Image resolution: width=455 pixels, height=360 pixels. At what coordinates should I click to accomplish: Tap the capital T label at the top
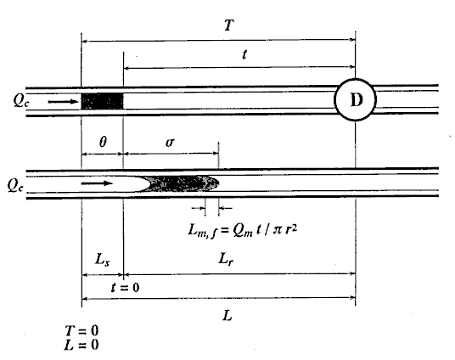point(229,25)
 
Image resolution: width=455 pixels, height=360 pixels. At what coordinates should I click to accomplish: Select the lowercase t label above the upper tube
point(244,54)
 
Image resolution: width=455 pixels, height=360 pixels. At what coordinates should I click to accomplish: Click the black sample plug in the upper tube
point(102,101)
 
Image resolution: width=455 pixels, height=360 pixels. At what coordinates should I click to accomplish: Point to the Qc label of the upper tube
point(21,101)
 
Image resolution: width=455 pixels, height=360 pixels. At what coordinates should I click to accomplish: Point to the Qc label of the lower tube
point(15,185)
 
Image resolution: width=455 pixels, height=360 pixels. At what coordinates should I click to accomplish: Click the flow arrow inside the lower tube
point(97,183)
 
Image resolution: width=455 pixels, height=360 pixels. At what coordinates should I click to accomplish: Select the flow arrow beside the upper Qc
point(64,102)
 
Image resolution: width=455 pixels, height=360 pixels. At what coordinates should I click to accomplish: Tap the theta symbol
point(103,142)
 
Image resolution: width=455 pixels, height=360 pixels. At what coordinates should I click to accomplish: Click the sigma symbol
point(170,143)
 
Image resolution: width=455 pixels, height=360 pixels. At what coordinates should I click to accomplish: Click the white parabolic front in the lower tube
point(116,183)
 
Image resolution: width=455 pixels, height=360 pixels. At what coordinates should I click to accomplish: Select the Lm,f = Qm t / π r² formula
point(243,230)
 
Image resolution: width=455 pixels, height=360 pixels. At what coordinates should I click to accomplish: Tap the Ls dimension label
point(102,259)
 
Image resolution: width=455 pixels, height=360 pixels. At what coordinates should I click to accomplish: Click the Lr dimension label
point(226,258)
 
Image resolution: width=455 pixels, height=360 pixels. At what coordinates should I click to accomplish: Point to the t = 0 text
point(125,288)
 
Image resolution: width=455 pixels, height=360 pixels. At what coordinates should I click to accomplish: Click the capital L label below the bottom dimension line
point(227,315)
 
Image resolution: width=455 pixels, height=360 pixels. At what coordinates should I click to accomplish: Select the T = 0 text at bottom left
point(81,330)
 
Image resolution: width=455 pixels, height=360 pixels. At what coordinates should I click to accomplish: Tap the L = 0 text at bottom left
point(81,345)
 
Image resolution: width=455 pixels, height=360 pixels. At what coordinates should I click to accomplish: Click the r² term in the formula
point(291,229)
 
